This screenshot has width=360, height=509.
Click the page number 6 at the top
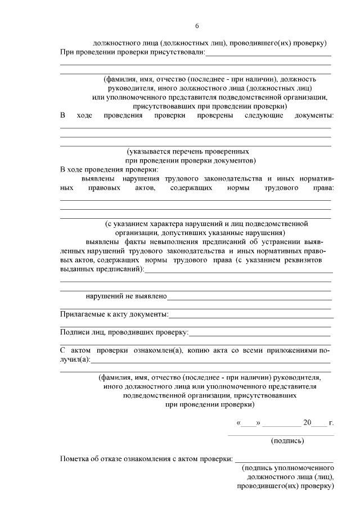(197, 26)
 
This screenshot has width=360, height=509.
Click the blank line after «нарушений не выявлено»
(248, 296)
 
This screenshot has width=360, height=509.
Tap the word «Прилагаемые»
(82, 314)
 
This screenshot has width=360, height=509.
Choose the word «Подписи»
(74, 332)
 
